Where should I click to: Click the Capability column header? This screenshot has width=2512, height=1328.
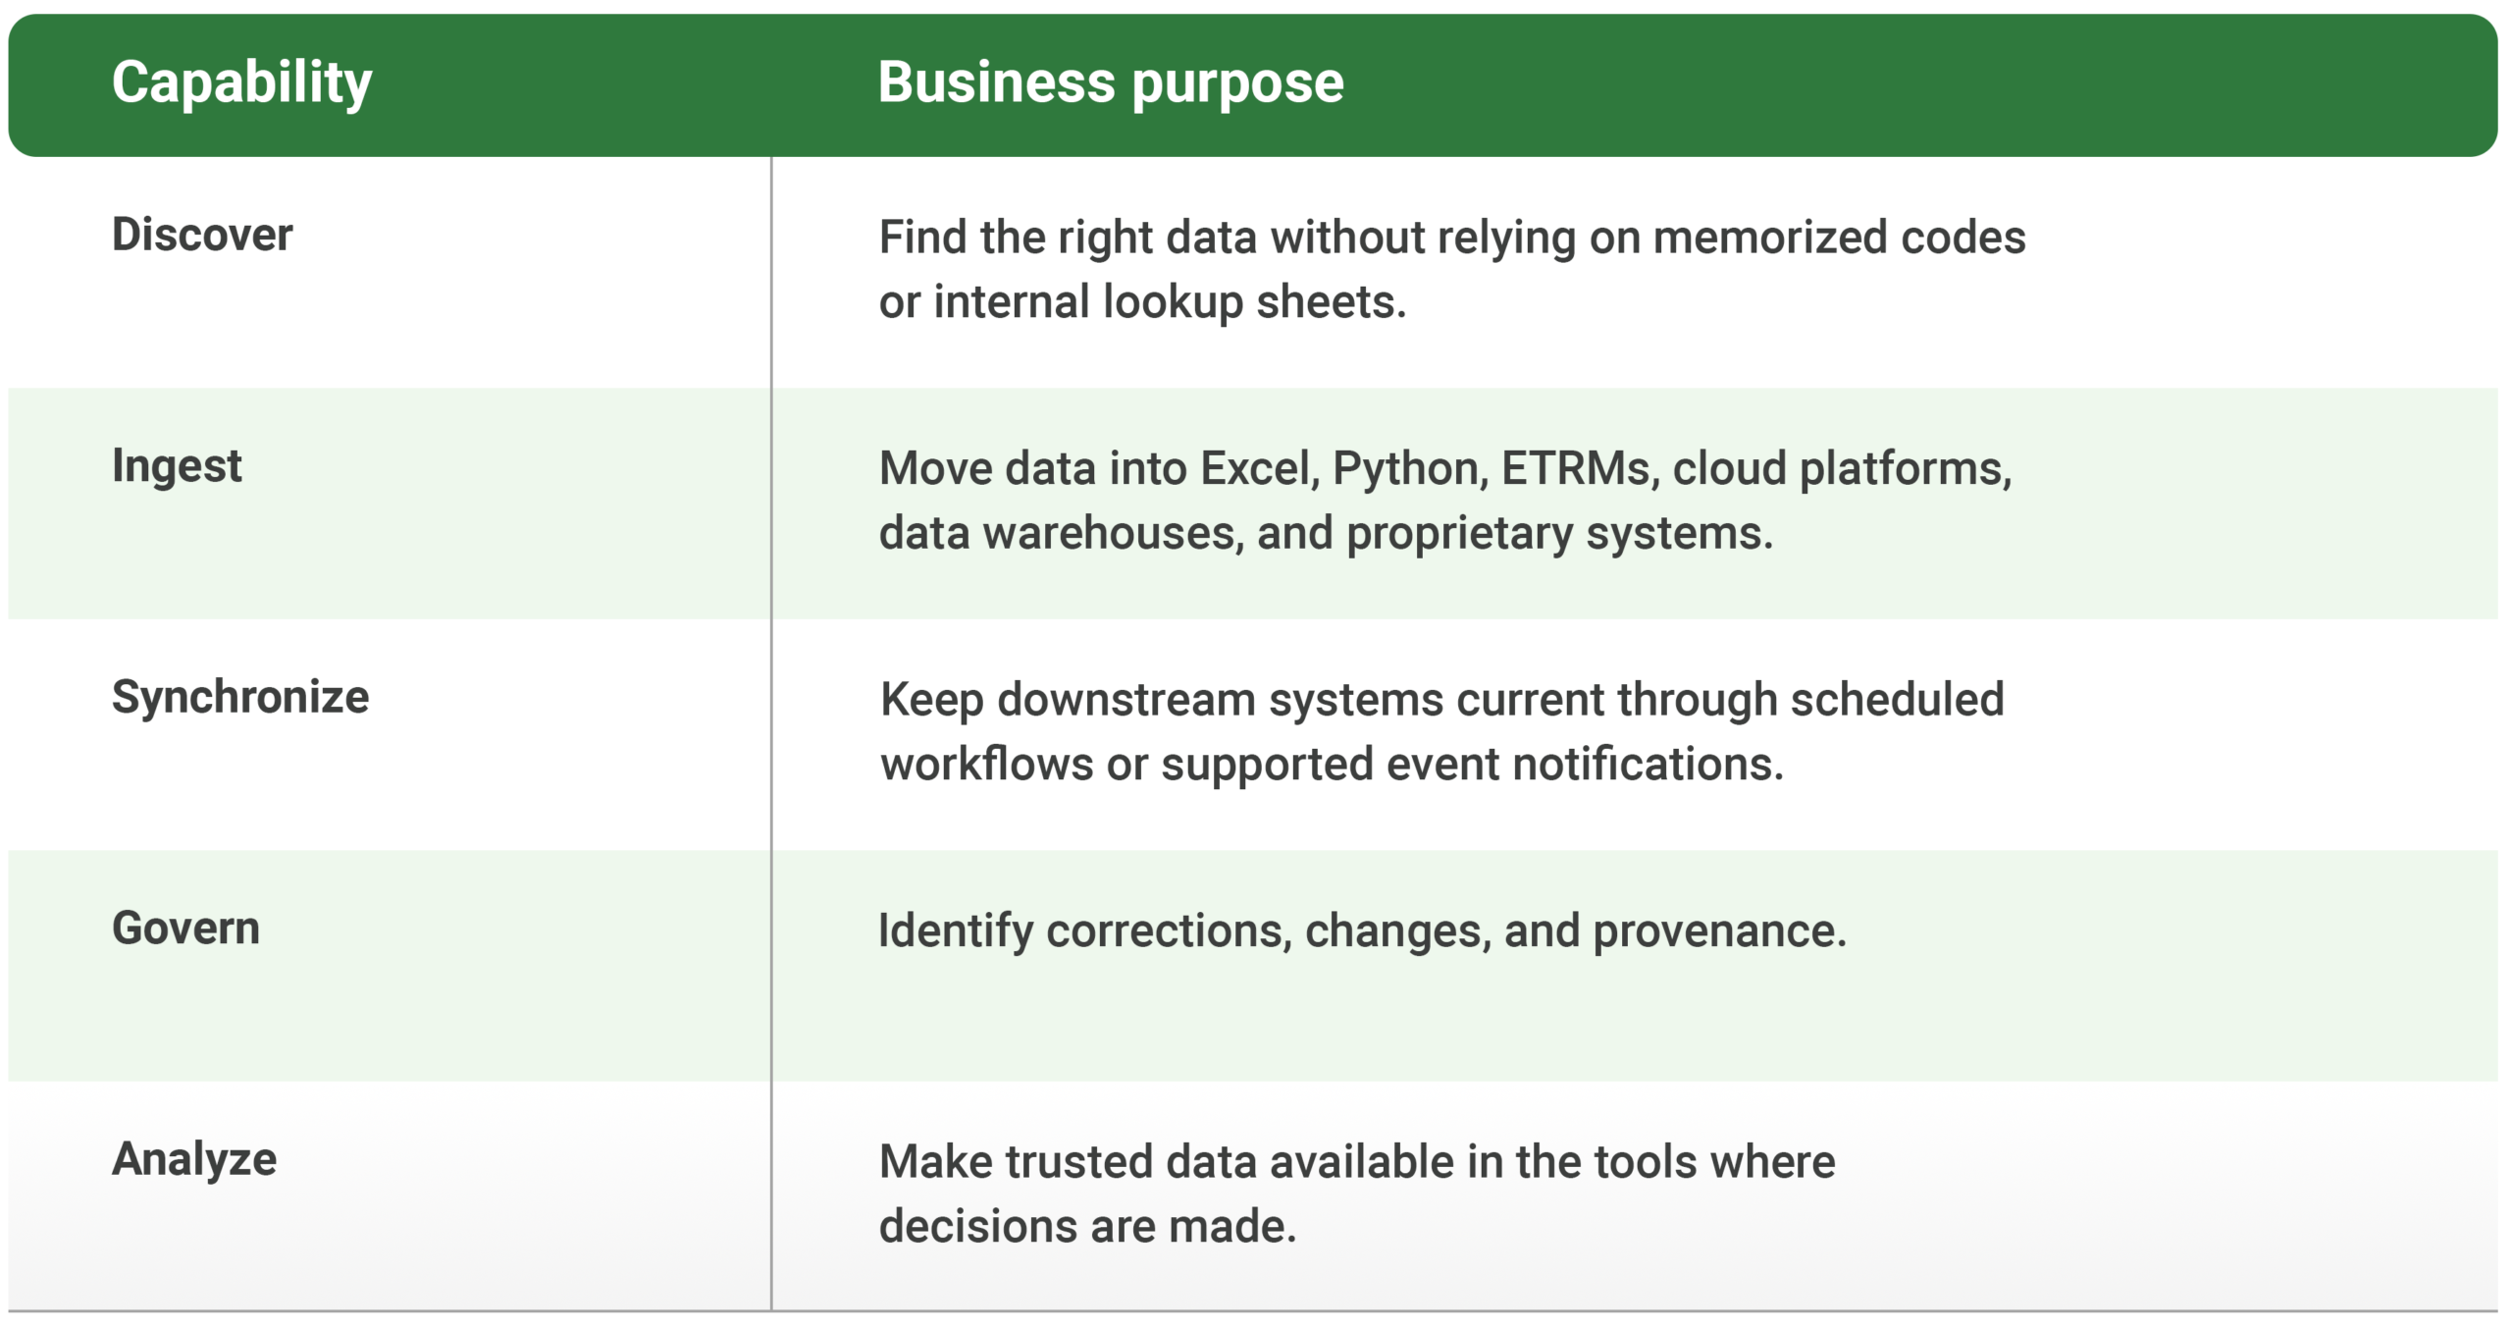point(241,83)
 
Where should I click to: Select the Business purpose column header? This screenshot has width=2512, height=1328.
point(1111,83)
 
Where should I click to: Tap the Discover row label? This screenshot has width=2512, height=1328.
point(202,235)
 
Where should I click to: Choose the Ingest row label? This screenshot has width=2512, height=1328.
point(177,466)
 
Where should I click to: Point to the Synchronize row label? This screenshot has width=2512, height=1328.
point(240,698)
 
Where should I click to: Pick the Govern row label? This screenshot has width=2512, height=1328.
point(185,929)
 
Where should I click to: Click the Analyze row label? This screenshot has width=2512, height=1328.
point(194,1160)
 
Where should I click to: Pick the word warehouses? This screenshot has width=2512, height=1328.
point(1113,534)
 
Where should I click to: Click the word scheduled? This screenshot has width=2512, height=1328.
point(1897,701)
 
